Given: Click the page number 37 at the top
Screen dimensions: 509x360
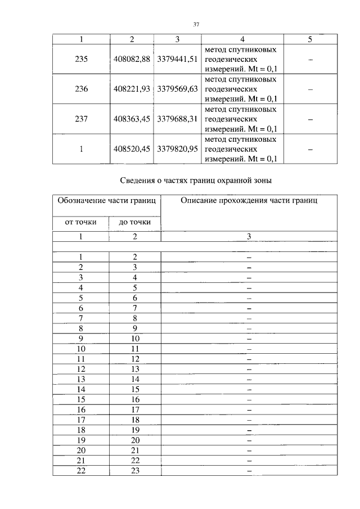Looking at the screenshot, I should click(196, 25).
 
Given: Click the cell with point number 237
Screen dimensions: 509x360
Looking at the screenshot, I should click(82, 119).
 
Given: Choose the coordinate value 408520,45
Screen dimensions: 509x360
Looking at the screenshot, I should click(132, 149).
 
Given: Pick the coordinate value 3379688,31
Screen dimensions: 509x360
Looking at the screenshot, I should click(178, 119).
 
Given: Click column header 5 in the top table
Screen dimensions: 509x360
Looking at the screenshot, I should click(310, 39).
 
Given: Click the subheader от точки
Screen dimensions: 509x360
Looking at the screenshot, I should click(81, 222).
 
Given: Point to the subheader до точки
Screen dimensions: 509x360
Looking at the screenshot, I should click(134, 222).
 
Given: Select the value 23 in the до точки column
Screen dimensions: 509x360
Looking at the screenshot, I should click(134, 471).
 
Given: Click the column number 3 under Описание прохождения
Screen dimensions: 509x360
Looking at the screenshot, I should click(249, 236).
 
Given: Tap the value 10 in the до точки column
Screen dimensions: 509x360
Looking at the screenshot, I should click(134, 338).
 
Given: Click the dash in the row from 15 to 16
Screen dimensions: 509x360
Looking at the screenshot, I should click(249, 399).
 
